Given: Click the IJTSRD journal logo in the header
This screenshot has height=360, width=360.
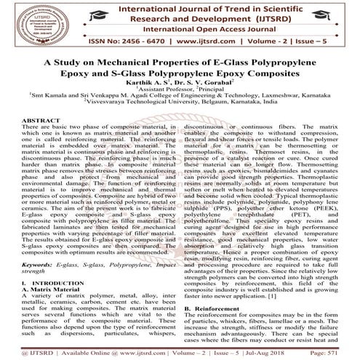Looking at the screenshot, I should [30, 23].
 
